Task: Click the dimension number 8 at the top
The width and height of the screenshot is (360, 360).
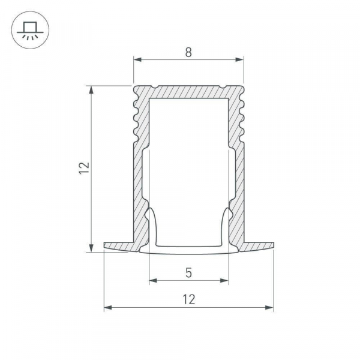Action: click(x=188, y=52)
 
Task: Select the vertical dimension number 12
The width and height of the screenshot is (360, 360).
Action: click(x=84, y=168)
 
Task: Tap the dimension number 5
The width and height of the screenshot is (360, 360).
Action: click(x=188, y=273)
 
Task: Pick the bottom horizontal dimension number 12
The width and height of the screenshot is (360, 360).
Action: click(x=189, y=299)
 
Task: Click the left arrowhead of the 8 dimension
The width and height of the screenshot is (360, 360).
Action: click(x=137, y=59)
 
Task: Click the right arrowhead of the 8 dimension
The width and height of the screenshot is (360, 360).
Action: click(x=239, y=59)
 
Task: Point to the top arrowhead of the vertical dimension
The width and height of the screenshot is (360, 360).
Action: click(x=91, y=90)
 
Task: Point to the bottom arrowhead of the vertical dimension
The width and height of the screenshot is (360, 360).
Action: click(x=91, y=248)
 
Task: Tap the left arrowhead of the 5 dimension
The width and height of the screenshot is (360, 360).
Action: click(x=153, y=281)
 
